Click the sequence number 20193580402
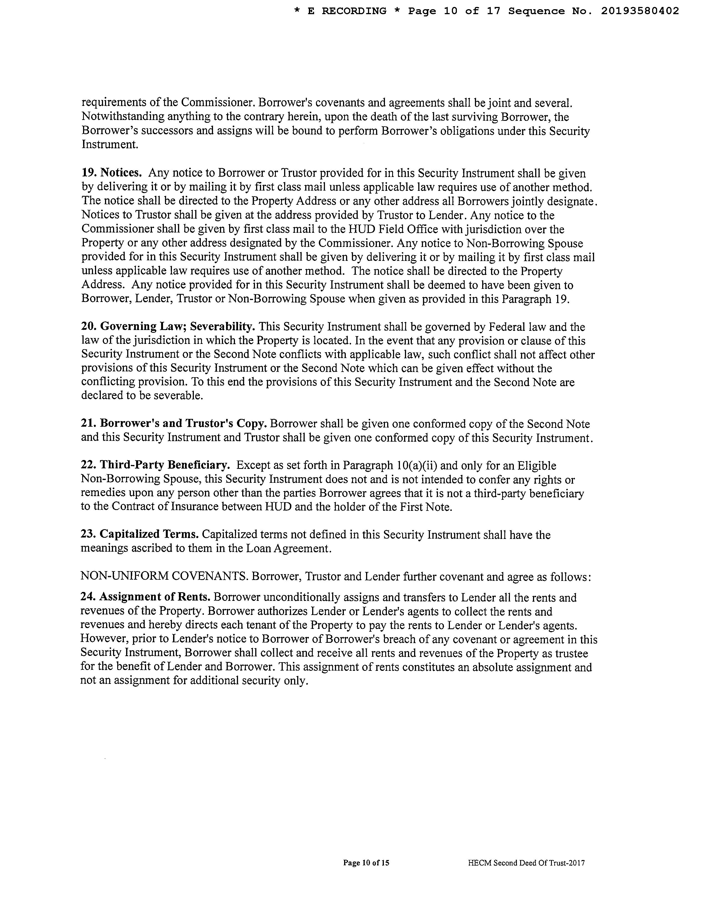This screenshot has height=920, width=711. click(639, 11)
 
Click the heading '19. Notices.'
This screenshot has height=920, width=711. click(111, 173)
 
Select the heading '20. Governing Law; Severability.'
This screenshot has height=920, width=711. click(168, 327)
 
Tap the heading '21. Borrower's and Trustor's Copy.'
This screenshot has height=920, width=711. click(173, 424)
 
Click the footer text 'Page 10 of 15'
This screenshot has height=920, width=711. click(366, 863)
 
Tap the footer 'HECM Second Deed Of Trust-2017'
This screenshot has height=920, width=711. click(526, 863)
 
